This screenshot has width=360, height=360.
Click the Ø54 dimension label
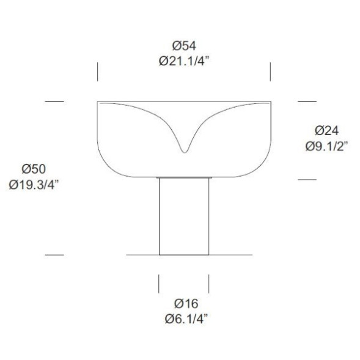pyautogui.click(x=184, y=45)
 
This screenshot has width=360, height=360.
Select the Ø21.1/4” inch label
pyautogui.click(x=184, y=61)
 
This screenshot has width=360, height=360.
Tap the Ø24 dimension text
pyautogui.click(x=326, y=131)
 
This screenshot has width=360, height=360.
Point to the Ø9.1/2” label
pyautogui.click(x=326, y=146)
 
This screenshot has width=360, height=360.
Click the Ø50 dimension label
pyautogui.click(x=34, y=169)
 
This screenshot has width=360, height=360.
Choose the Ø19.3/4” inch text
pyautogui.click(x=34, y=185)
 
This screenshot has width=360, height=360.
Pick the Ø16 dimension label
pyautogui.click(x=186, y=304)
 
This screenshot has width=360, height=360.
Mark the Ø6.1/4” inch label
pyautogui.click(x=186, y=319)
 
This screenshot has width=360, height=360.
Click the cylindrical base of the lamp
pyautogui.click(x=184, y=216)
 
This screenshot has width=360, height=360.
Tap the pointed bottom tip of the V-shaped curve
pyautogui.click(x=185, y=152)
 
